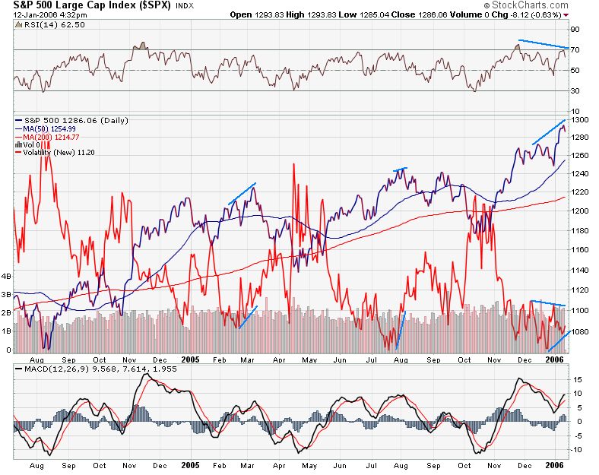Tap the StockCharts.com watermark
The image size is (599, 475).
click(x=542, y=5)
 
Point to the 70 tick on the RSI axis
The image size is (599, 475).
click(x=575, y=50)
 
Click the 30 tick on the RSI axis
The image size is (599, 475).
click(x=575, y=91)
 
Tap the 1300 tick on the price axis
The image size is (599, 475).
click(x=580, y=120)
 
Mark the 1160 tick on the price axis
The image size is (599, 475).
click(x=580, y=249)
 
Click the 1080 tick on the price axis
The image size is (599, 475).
click(x=580, y=332)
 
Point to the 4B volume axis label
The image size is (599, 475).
click(x=7, y=277)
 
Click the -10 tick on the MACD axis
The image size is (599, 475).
click(x=577, y=449)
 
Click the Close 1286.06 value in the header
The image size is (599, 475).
click(x=422, y=14)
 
